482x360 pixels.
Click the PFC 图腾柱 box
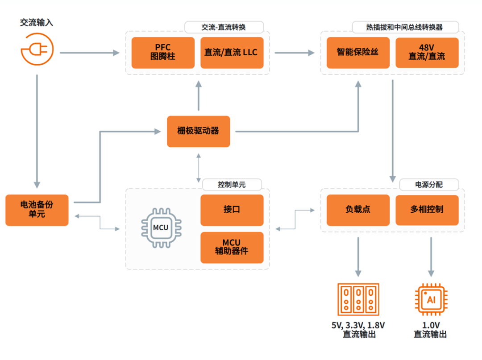[x=163, y=53]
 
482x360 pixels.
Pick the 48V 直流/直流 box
[x=427, y=53]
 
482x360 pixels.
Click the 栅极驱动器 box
[x=198, y=131]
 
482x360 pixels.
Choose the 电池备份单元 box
[x=37, y=210]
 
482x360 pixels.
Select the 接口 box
[x=232, y=210]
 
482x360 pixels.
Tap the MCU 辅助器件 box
[x=232, y=247]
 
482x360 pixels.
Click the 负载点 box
[x=358, y=210]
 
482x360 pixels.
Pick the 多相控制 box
[x=427, y=210]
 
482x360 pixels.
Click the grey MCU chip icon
[x=160, y=228]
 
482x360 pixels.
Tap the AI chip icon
[x=431, y=299]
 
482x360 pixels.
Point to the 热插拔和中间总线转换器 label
[x=404, y=27]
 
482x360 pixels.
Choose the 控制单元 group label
[x=231, y=184]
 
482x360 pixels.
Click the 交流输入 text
[x=37, y=22]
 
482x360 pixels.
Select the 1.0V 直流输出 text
[x=431, y=330]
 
